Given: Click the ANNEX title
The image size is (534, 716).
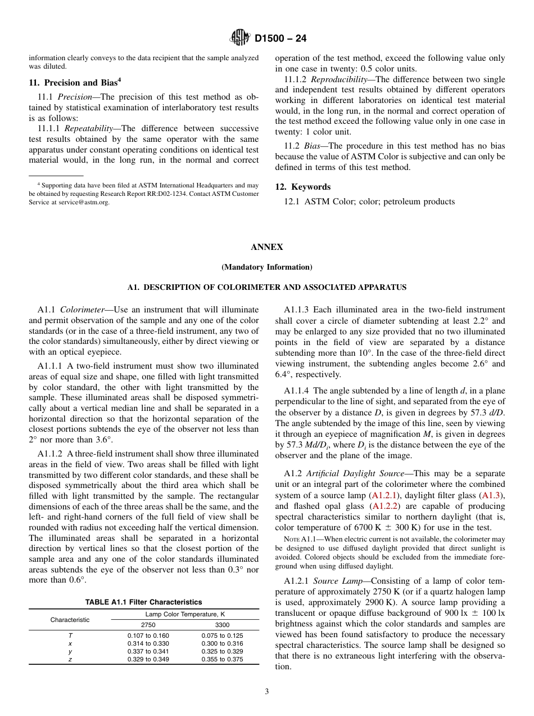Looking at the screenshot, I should point(266,247).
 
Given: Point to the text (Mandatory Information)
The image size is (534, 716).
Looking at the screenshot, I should point(266,267).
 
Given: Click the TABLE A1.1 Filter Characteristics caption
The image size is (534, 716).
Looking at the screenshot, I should point(143,602).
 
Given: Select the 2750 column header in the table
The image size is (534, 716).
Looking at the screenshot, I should point(148,625).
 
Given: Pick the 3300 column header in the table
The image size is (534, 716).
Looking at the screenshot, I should point(222,625).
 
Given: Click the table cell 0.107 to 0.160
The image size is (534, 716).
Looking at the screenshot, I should point(148,636).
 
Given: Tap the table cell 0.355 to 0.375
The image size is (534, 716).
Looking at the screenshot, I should point(222,659).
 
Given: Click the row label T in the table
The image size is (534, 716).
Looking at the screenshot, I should point(70,636).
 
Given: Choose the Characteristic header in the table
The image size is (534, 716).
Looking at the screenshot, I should point(70,620).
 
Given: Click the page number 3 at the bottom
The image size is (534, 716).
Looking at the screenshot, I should point(266,692).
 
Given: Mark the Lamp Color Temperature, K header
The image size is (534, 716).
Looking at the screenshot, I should point(185,614).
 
